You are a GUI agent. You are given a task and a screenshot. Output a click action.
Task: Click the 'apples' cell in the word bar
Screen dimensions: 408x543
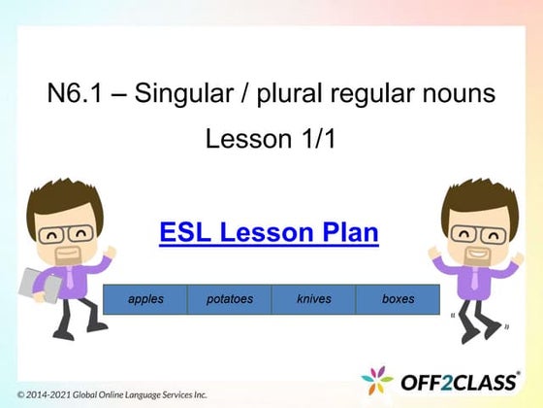145,299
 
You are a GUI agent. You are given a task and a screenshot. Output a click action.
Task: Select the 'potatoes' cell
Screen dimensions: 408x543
230,299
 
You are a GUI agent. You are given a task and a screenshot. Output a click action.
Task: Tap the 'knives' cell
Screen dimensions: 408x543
314,299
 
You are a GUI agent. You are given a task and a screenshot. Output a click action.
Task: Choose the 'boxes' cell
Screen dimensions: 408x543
398,299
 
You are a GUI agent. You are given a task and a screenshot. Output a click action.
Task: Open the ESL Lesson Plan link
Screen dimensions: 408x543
269,233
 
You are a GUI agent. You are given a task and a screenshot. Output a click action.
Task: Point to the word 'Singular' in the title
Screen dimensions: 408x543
172,94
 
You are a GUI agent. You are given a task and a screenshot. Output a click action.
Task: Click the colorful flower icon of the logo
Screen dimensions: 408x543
378,381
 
